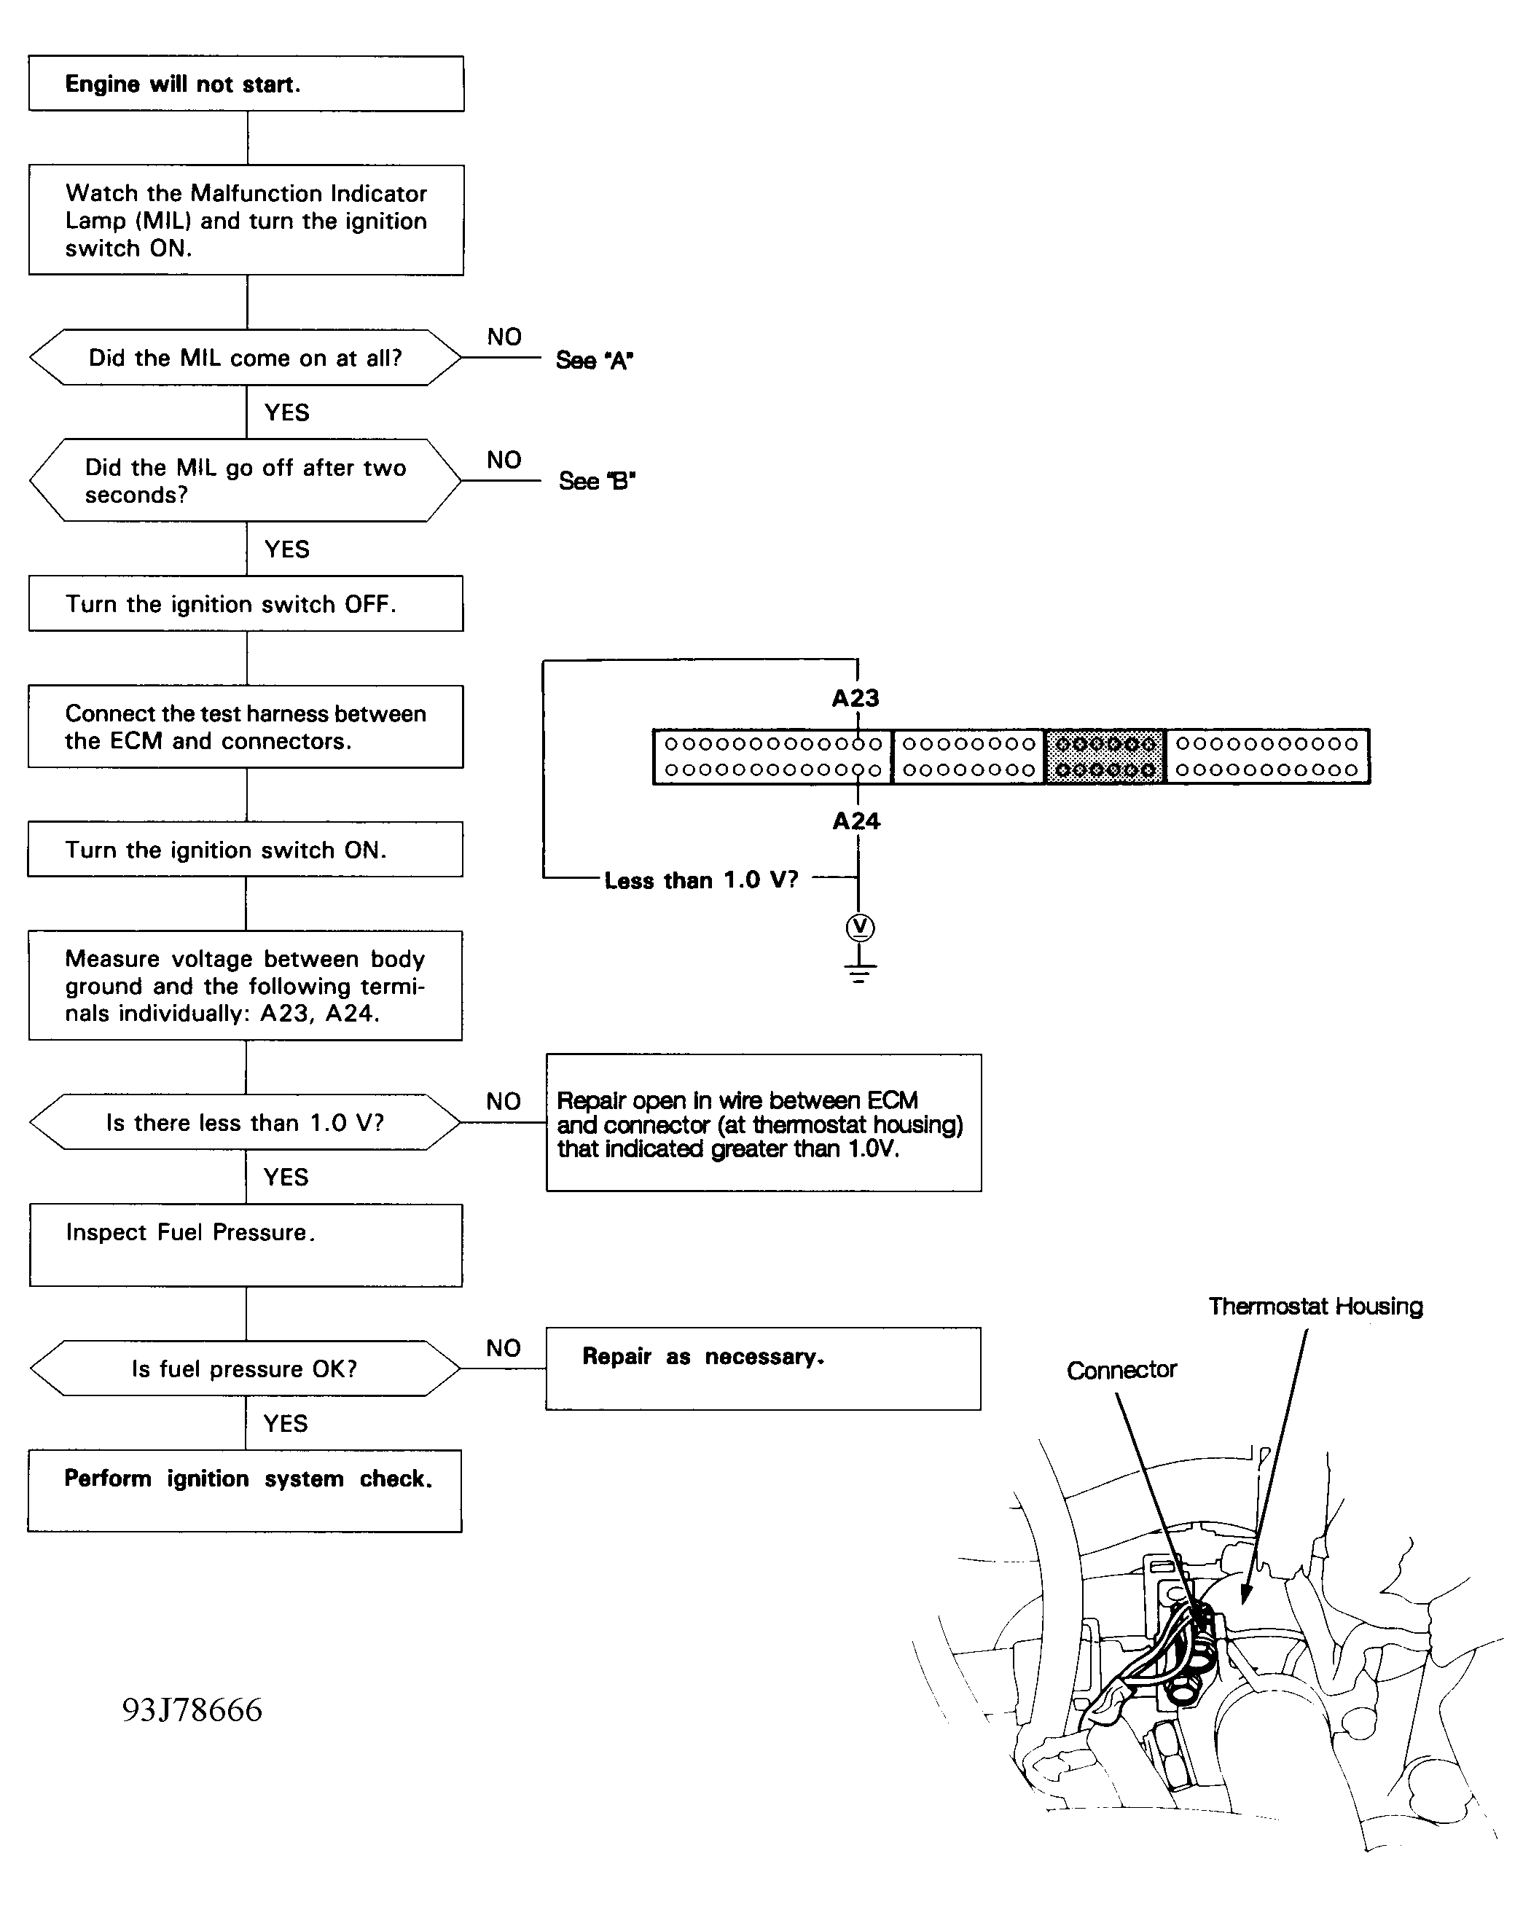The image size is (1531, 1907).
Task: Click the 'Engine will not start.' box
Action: coord(246,84)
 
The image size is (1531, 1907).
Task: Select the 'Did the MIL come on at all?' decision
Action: coord(245,357)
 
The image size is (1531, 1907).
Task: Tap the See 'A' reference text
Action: coord(593,360)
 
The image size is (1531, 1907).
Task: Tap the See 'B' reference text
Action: coord(596,480)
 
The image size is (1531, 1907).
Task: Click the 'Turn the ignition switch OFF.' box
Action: coord(246,603)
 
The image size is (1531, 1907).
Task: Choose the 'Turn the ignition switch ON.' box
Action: coord(245,849)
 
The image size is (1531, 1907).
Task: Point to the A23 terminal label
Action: coord(855,698)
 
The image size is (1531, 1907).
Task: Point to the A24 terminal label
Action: coord(855,821)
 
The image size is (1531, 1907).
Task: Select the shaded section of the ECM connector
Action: coord(1105,756)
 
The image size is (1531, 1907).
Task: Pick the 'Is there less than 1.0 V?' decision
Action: coord(245,1121)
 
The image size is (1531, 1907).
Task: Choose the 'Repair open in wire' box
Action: coord(763,1122)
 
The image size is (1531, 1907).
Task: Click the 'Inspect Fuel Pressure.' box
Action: coord(246,1245)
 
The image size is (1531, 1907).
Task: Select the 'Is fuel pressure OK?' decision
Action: coord(245,1368)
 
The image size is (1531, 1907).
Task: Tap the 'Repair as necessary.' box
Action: coord(762,1368)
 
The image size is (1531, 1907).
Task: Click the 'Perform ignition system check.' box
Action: coord(245,1490)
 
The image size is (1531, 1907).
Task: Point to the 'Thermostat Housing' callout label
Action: coord(1315,1307)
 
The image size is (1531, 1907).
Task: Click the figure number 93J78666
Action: coord(192,1710)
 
